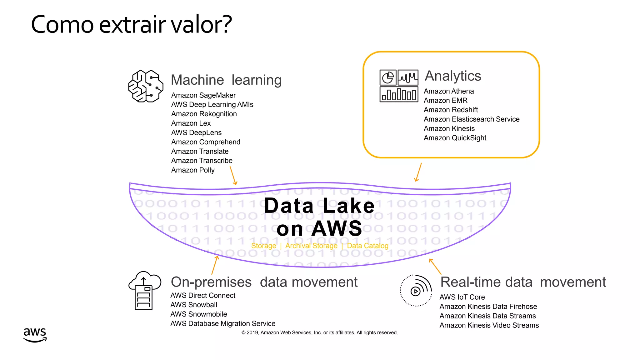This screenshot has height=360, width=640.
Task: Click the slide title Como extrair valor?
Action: point(131,24)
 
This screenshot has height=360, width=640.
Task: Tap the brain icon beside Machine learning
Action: point(146,86)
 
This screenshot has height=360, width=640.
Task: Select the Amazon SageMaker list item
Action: point(203,95)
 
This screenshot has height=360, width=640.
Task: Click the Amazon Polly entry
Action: point(193,170)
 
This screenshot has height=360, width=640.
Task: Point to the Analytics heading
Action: point(453,76)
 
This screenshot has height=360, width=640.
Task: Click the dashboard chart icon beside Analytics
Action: point(399,86)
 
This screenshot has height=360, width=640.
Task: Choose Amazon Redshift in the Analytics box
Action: point(451,110)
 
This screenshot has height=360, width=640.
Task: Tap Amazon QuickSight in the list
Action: point(455,138)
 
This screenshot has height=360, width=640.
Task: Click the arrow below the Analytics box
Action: point(418,172)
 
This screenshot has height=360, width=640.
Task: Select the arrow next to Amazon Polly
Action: point(233,176)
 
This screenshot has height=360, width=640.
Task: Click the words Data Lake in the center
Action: point(319,206)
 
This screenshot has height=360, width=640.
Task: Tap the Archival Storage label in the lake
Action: point(311,246)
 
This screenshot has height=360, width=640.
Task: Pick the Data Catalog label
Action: point(367,246)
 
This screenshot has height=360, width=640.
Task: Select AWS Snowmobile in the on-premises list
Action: point(198,314)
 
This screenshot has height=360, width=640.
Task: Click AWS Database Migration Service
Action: point(223,324)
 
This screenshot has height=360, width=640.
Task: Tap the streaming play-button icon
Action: point(416,291)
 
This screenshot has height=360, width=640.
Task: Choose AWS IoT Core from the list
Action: point(462,297)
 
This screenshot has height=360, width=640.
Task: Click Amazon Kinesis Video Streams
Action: point(489,325)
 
